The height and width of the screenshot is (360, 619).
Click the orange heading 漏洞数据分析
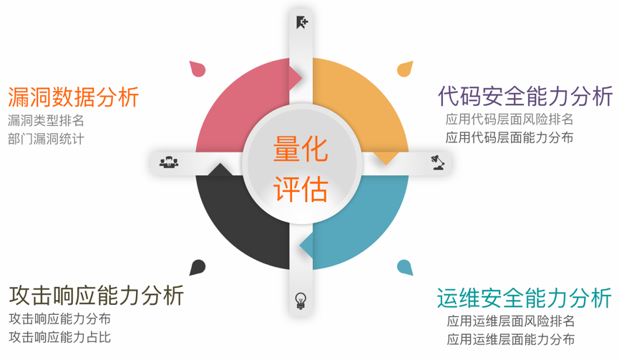[73, 97]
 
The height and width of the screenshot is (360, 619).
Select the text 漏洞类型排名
[46, 120]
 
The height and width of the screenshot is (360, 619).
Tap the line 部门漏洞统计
[46, 139]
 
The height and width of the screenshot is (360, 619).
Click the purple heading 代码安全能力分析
[525, 95]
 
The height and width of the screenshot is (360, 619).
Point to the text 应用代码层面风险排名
[509, 120]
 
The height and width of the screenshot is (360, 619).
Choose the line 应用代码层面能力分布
[509, 137]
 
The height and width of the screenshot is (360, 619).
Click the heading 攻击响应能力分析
[97, 294]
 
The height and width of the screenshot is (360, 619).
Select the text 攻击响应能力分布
[59, 318]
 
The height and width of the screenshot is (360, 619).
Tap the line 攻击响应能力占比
[59, 336]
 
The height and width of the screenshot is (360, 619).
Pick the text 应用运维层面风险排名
[511, 321]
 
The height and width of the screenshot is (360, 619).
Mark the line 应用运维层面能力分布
[511, 339]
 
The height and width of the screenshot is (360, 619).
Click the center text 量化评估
[301, 170]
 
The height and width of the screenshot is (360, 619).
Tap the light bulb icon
[301, 301]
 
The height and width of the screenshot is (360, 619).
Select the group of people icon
[169, 162]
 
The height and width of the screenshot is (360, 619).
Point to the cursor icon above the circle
[301, 22]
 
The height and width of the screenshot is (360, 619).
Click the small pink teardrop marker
[198, 69]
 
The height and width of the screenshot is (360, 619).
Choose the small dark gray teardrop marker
[198, 268]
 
